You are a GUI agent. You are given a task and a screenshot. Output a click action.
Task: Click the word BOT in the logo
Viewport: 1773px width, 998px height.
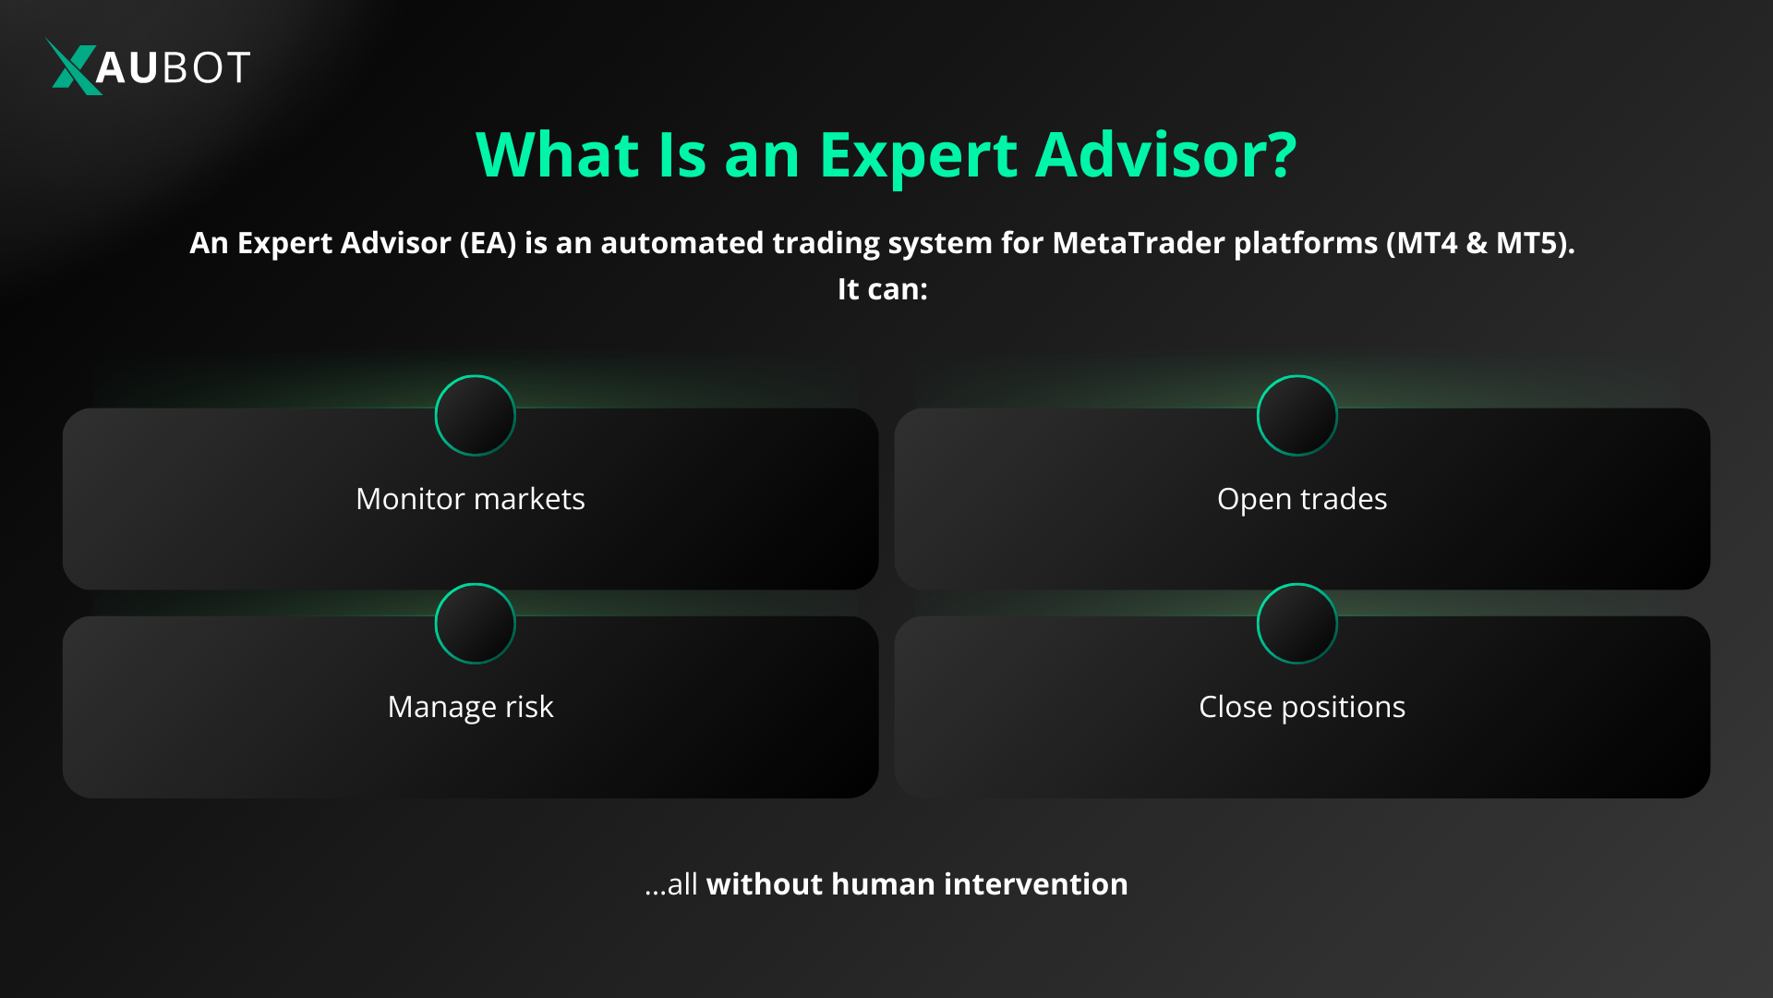[x=205, y=67]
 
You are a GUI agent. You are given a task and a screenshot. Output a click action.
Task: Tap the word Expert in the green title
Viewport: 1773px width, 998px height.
[x=918, y=155]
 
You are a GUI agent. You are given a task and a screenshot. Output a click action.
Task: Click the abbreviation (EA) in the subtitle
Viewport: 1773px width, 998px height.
[x=488, y=243]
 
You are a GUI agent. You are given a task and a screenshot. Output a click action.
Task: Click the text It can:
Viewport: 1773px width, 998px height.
[x=882, y=289]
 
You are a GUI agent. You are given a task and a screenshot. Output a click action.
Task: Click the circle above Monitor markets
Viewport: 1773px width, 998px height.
[x=475, y=415]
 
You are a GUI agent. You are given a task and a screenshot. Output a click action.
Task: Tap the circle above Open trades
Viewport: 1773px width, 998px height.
[x=1297, y=415]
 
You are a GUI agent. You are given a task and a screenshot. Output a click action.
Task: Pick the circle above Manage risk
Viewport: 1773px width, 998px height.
[x=475, y=624]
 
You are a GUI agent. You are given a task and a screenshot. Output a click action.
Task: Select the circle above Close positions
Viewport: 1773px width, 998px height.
[x=1297, y=624]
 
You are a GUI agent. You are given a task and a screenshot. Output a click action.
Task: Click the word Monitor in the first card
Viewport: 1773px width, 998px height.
[x=410, y=499]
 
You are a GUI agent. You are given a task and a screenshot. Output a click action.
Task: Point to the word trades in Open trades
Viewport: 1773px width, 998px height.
[x=1344, y=499]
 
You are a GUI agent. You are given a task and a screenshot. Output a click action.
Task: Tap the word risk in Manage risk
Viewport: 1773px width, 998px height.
[x=529, y=707]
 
